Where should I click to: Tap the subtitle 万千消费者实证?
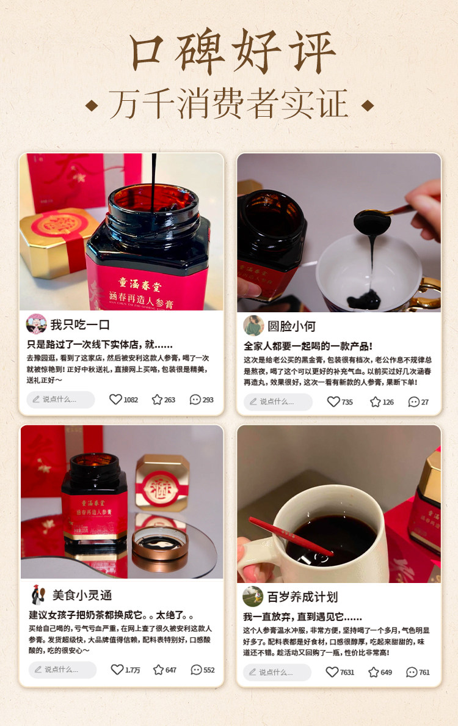[x=229, y=105]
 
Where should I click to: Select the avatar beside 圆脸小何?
[x=253, y=325]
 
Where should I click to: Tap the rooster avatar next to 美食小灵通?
[x=38, y=594]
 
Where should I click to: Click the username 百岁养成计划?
[x=302, y=596]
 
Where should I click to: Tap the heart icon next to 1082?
[x=115, y=400]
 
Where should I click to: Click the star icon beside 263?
[x=157, y=400]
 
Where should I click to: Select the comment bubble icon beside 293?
[x=195, y=400]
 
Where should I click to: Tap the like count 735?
[x=347, y=402]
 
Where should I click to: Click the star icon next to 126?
[x=375, y=402]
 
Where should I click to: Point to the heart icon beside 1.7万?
[x=117, y=670]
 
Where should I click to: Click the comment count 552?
[x=209, y=670]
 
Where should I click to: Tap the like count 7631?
[x=347, y=672]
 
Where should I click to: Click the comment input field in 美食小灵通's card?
[x=62, y=670]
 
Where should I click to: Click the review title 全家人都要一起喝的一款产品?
[x=308, y=346]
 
